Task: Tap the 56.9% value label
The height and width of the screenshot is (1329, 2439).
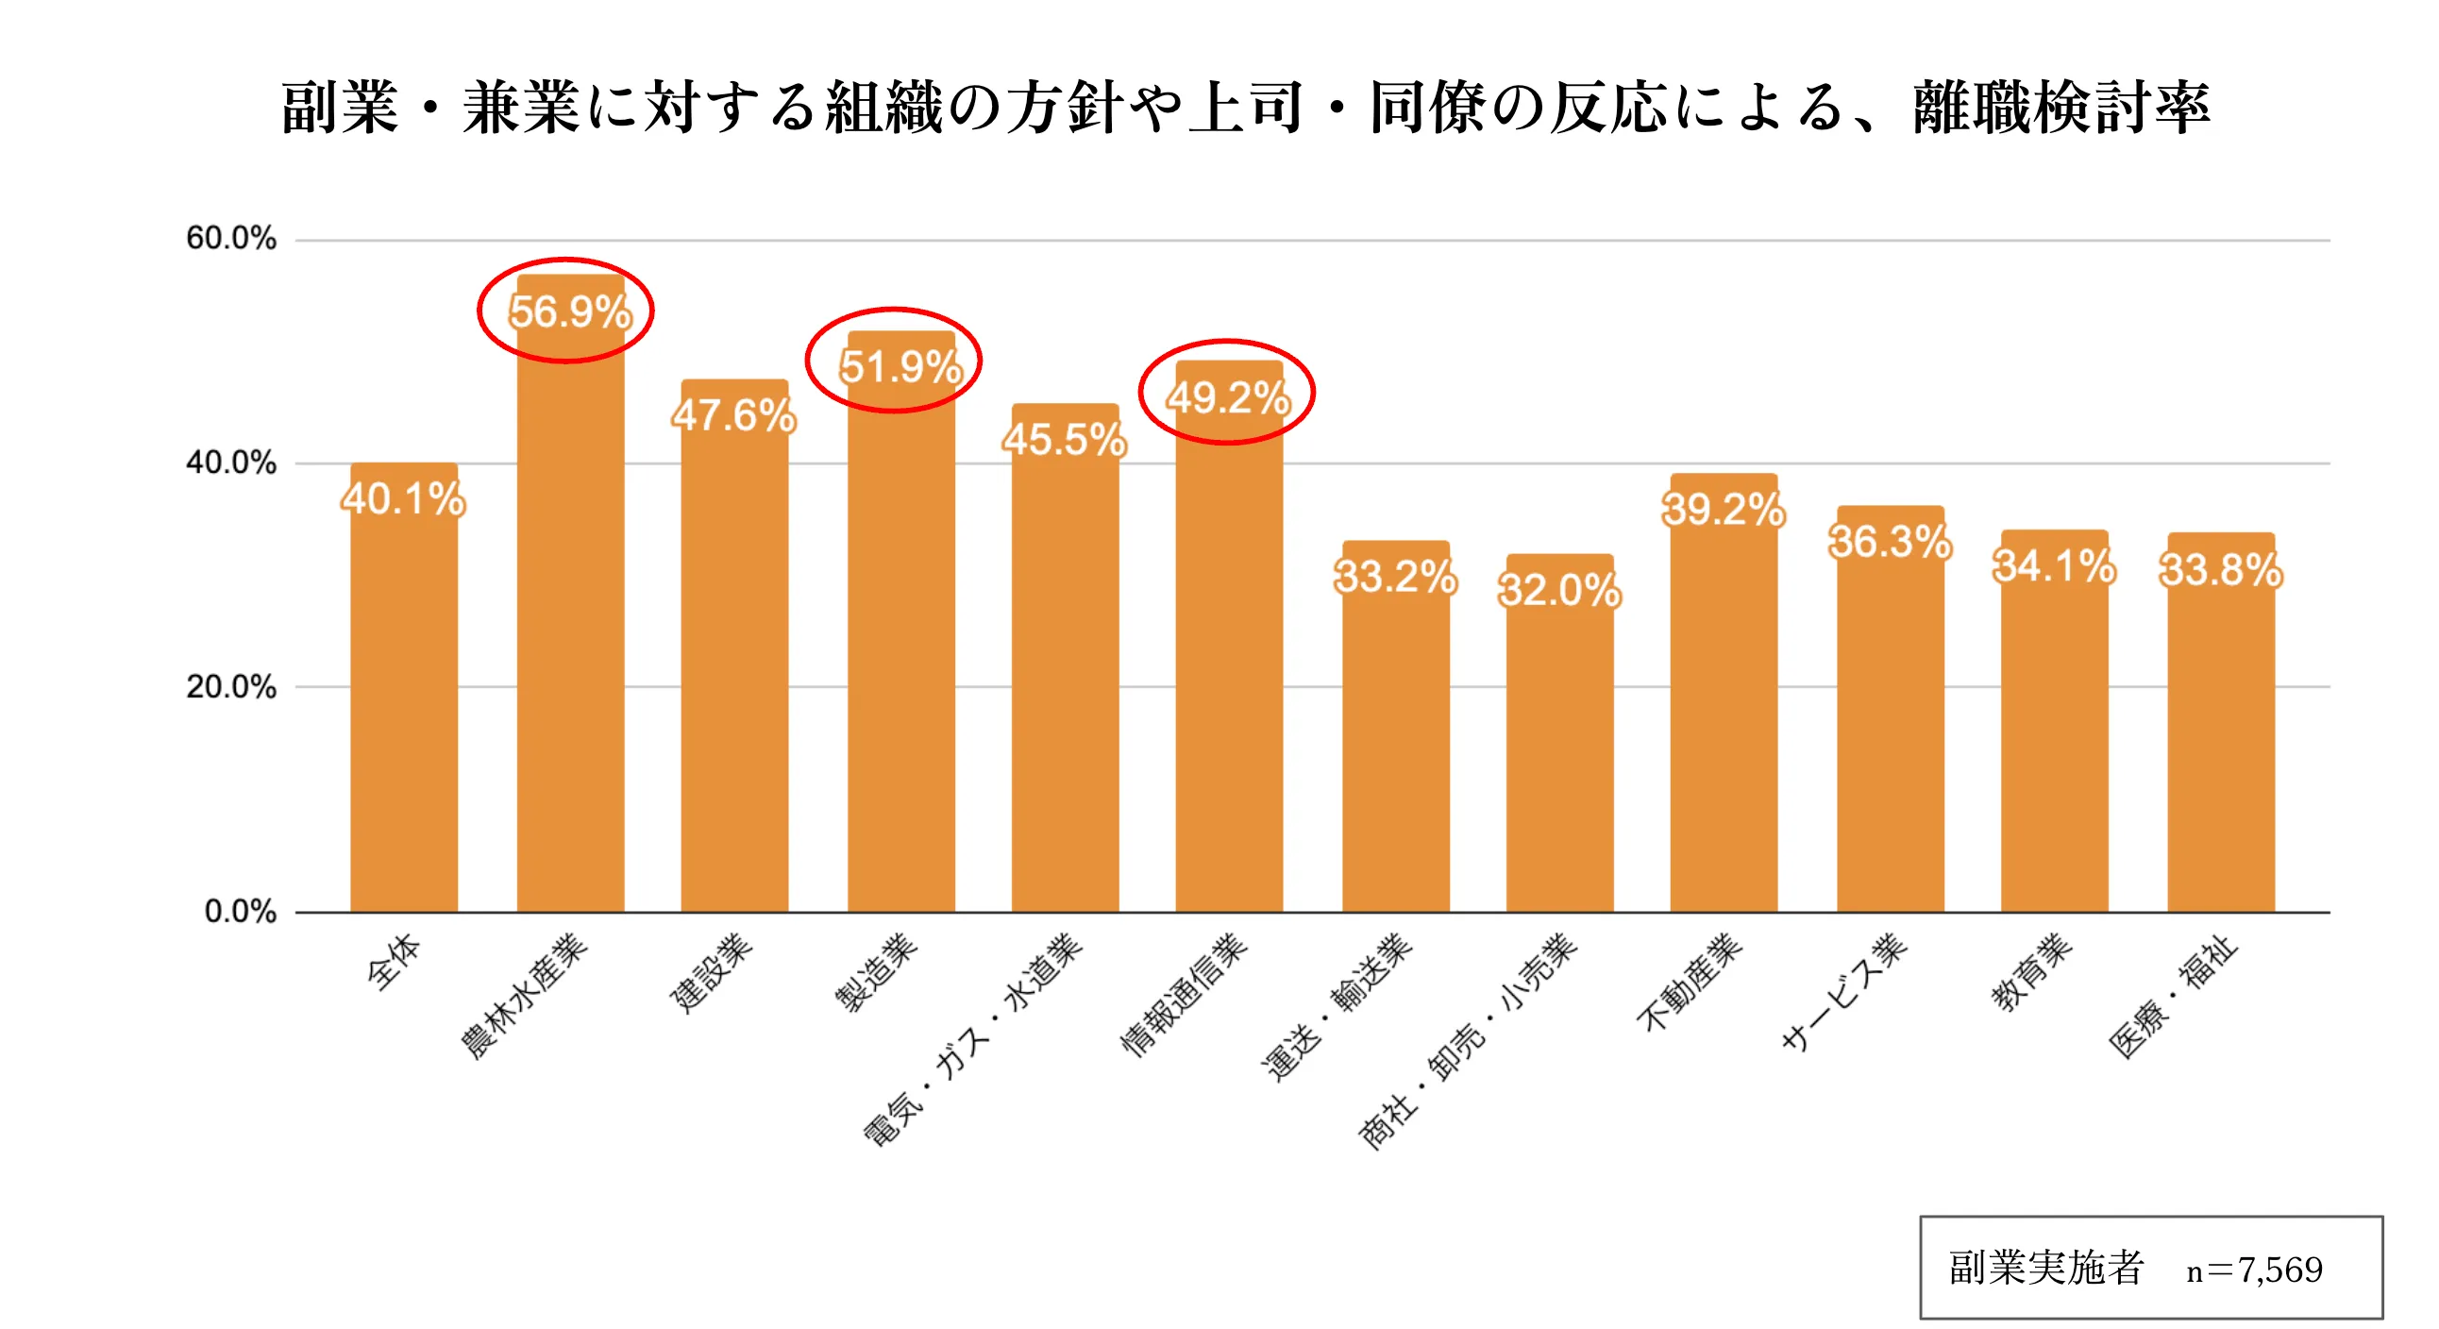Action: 569,311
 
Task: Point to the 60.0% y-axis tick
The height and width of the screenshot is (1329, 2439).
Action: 230,238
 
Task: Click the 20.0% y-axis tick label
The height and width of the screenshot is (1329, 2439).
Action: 230,686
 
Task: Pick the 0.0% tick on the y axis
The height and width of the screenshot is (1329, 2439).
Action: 240,911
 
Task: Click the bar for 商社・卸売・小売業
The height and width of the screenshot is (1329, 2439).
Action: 1559,757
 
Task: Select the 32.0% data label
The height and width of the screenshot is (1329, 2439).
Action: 1559,590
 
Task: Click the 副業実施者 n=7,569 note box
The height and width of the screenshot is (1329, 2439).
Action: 2150,1267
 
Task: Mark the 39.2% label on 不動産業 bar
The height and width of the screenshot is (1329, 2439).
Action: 1724,510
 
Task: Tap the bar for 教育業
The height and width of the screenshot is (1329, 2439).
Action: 2054,738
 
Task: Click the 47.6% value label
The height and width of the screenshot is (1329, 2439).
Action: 733,414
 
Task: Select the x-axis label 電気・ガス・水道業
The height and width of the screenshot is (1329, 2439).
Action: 973,1038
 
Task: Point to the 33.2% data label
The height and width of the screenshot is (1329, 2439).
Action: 1395,576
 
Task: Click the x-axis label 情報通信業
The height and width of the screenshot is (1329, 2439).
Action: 1185,994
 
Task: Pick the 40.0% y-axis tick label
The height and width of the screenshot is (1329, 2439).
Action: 230,462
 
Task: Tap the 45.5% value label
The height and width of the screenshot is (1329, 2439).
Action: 1064,439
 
